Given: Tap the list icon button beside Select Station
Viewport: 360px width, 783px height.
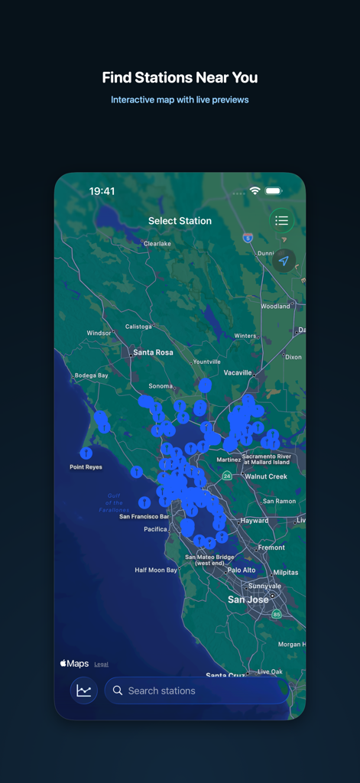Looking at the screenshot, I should tap(282, 221).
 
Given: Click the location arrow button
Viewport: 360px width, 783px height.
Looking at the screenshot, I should tap(284, 261).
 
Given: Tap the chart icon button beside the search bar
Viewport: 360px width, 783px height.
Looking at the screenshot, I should tap(84, 690).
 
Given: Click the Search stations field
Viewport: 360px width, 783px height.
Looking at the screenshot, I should tap(196, 690).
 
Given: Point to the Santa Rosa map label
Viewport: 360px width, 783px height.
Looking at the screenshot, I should tap(153, 353).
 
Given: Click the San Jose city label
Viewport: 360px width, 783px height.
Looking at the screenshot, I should tap(248, 599).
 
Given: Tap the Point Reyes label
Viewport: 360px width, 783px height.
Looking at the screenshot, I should tap(86, 466).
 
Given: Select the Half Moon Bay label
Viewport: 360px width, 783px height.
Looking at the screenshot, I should tap(156, 570).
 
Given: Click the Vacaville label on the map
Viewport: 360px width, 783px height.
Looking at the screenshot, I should tap(238, 372).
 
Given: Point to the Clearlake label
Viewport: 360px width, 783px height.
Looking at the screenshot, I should tap(157, 243).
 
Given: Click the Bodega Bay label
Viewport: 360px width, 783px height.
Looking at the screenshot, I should tap(91, 375).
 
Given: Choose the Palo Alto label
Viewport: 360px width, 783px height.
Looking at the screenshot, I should tap(242, 570).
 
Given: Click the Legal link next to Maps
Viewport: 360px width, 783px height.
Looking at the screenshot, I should tap(102, 664).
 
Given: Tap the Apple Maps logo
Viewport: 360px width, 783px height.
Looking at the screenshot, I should tap(75, 664).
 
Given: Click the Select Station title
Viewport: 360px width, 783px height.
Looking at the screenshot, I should tap(180, 221).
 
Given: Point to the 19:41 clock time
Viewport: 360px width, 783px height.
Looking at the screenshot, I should tap(102, 191).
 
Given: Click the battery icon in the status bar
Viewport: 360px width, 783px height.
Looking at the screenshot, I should tap(273, 191).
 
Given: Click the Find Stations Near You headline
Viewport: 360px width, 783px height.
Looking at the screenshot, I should tap(180, 78).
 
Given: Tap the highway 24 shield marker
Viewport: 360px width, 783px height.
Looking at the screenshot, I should tap(227, 476).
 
